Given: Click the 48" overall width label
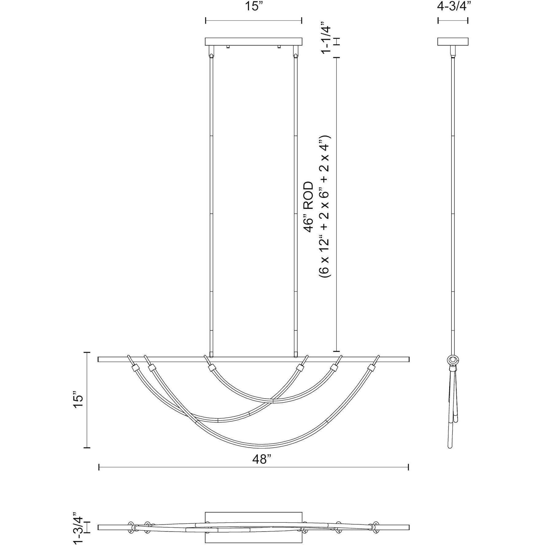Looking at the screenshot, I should (x=262, y=459).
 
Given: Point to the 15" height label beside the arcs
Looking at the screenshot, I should (x=78, y=401).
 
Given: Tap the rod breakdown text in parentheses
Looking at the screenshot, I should (x=325, y=206).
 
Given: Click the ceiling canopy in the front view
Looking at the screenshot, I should (x=253, y=42).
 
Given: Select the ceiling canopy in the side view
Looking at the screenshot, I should (x=453, y=42).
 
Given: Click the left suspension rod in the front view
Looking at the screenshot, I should (x=211, y=203).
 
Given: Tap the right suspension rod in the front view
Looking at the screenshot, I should (x=296, y=203).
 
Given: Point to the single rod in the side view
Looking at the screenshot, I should (x=453, y=203).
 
